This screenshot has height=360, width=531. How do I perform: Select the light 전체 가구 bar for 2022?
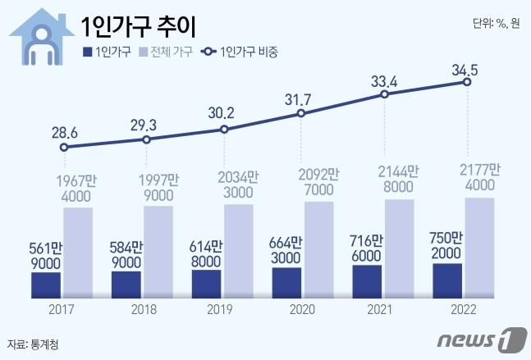(479, 247)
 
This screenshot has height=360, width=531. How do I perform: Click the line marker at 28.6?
(65, 148)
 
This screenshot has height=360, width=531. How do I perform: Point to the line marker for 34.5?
(467, 82)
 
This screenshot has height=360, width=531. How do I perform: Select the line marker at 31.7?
(301, 114)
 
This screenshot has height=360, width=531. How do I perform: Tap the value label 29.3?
(144, 125)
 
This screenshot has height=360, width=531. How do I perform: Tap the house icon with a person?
(39, 37)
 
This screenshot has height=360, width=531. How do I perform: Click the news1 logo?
(480, 338)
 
